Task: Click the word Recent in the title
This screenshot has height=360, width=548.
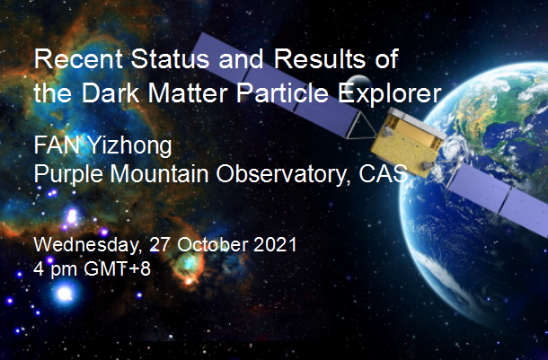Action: coord(78,58)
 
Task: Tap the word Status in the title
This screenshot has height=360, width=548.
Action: coord(170,58)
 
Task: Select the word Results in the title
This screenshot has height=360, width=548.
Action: coord(320,58)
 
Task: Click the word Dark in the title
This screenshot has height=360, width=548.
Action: coord(110,93)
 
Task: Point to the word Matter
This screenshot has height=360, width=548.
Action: coord(188,93)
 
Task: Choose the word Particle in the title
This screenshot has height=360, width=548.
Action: coord(282,93)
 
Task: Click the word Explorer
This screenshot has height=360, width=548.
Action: coord(389,94)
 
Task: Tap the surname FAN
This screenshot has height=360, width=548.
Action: coord(57,145)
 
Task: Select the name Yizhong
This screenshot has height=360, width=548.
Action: coord(129,147)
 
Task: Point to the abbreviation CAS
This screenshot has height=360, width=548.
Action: coord(383,173)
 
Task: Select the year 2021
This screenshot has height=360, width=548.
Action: coord(275,244)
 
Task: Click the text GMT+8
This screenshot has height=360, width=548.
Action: coord(117,268)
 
